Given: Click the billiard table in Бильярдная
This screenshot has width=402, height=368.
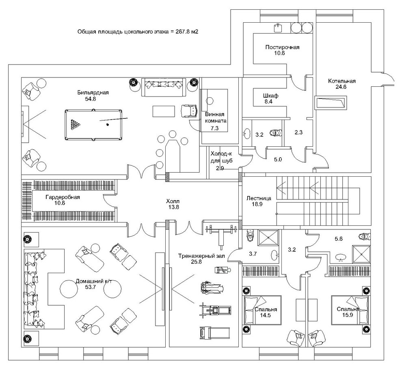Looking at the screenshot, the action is pos(93,125).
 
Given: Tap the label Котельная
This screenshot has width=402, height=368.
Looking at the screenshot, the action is pos(342,81).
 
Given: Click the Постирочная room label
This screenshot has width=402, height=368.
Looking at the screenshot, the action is pos(282,47).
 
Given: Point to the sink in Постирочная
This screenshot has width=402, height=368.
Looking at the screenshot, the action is pos(278,28).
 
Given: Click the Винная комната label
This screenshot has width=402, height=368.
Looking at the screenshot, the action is pos(216,118).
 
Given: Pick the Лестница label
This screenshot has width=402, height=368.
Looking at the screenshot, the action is pos(259,198).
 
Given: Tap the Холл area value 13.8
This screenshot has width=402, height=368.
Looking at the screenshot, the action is pos(173,207).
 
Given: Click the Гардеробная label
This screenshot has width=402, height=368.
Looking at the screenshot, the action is pos(63,197).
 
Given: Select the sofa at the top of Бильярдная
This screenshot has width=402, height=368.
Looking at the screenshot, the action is pos(164,87).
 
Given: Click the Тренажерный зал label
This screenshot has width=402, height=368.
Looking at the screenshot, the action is pos(201,256).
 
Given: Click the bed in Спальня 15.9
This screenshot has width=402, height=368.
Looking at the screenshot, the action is pos(350,310).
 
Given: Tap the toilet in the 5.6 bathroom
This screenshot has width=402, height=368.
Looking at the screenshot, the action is pos(365,236).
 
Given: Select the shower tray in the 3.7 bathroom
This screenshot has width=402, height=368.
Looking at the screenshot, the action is pos(268,238).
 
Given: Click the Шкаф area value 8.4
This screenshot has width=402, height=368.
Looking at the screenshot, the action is pos(268,102).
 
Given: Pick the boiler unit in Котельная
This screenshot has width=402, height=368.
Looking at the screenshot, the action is pos(331,103).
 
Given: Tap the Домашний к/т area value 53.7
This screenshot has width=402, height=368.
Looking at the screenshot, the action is pos(90,287).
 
